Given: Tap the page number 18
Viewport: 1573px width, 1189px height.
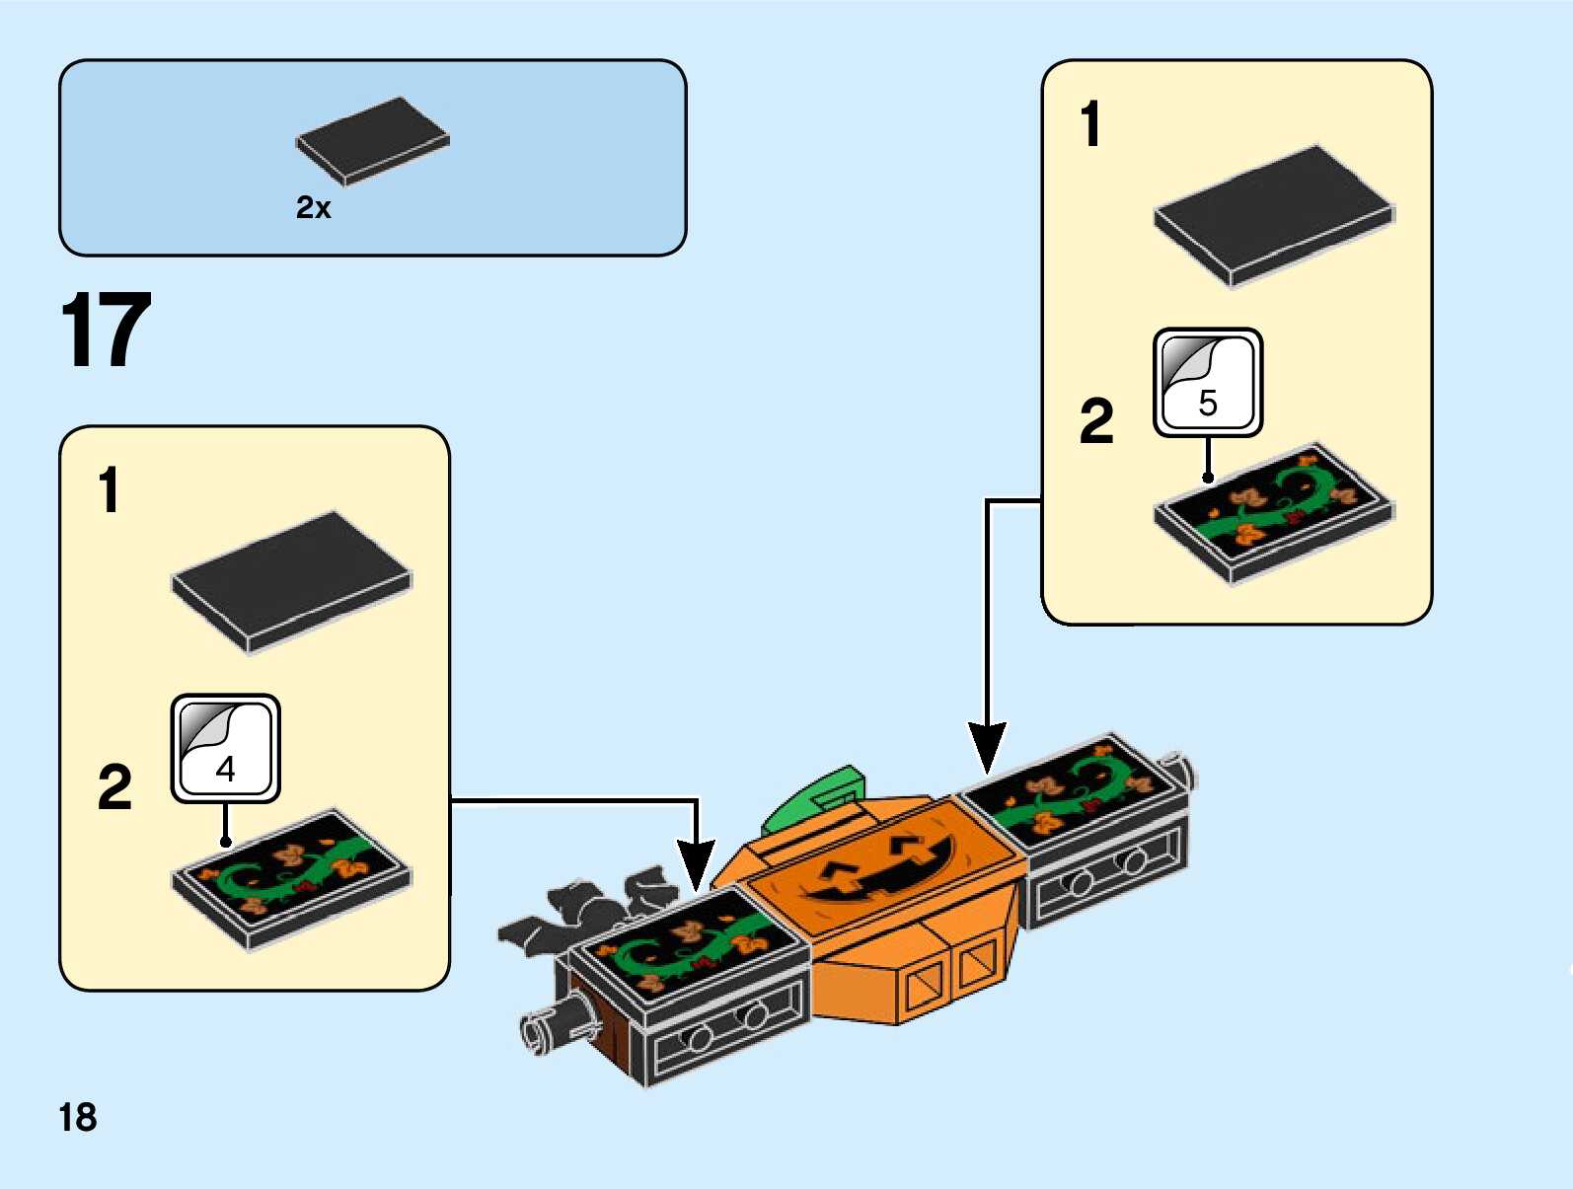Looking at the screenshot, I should (78, 1118).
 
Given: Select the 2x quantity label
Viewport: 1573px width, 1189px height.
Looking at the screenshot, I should (314, 207).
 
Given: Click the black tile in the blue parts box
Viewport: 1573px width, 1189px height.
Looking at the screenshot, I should (373, 140).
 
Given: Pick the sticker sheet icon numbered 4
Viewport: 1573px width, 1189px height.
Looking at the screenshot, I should (225, 748).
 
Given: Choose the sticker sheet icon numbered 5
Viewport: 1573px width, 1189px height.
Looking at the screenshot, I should (1208, 383).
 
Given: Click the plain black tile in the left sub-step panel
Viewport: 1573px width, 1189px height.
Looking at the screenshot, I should (292, 580).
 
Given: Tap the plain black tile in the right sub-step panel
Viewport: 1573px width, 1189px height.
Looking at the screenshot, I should (1274, 215).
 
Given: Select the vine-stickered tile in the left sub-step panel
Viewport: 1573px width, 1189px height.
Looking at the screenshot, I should (292, 877).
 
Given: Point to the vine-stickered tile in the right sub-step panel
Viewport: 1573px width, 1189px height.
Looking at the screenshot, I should (1274, 511).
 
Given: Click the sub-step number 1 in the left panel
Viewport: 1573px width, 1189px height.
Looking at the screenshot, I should (109, 490).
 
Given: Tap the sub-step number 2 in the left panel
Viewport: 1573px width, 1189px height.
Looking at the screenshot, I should (114, 787).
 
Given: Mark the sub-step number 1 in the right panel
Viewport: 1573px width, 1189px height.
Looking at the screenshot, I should (1089, 125).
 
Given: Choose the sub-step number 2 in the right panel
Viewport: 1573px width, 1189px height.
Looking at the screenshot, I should (1096, 421).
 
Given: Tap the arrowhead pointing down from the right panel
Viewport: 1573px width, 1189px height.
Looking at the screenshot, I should (986, 749).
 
